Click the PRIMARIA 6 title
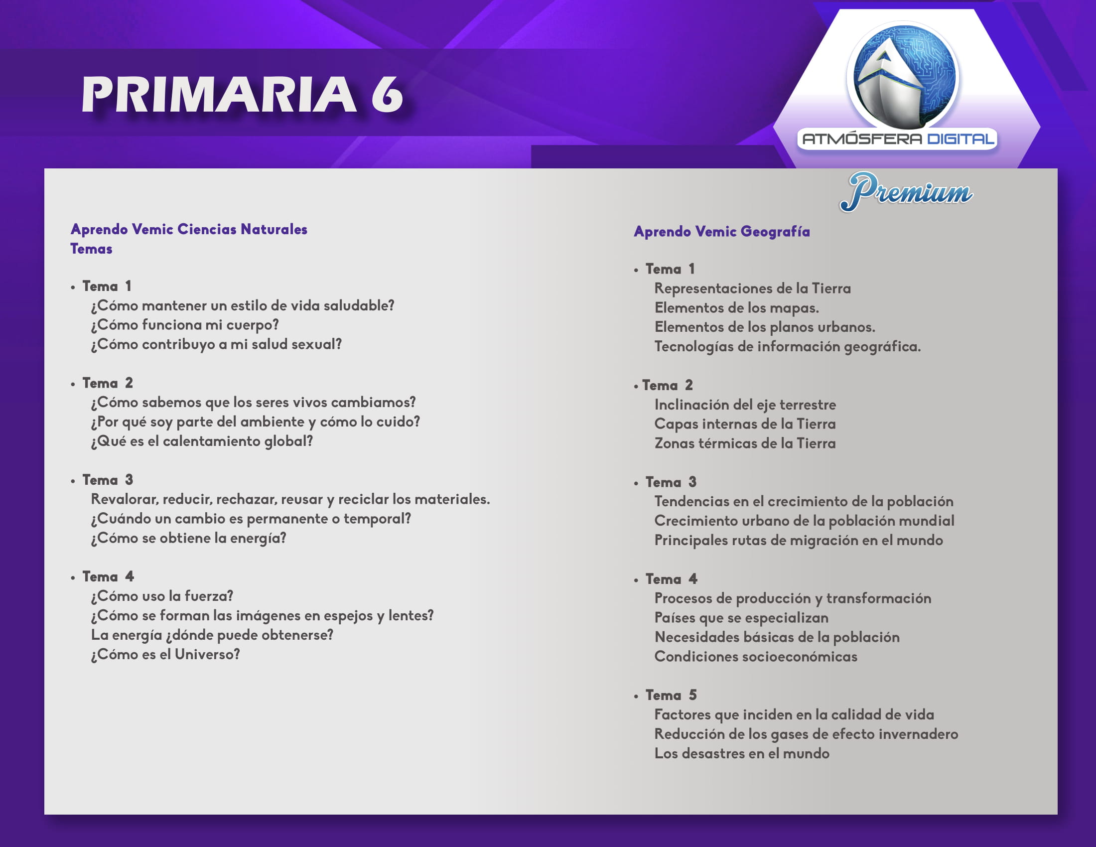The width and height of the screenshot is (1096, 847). (243, 94)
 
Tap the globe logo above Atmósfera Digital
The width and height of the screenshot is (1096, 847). (902, 76)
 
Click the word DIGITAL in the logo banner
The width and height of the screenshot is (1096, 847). (960, 139)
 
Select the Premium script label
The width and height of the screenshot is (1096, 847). (906, 191)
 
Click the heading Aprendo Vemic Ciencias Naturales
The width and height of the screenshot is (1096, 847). (189, 229)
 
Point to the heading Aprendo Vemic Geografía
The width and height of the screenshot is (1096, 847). (722, 232)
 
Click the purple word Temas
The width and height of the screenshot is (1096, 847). (91, 249)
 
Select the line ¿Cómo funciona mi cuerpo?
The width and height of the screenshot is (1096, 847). (185, 325)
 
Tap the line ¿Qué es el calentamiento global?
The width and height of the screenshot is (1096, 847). (202, 441)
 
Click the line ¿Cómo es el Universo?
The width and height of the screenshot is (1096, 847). (165, 655)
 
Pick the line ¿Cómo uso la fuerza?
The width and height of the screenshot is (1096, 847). (162, 596)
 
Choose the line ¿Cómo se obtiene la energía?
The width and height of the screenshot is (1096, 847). (189, 539)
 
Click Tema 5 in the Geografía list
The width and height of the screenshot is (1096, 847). (671, 696)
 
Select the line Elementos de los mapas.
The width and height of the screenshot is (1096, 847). (737, 308)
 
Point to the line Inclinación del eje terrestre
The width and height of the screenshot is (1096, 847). (745, 405)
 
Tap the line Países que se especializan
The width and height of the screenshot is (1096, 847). (741, 618)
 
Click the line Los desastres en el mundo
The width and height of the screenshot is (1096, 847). (742, 754)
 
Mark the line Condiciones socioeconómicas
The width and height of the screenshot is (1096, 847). (756, 657)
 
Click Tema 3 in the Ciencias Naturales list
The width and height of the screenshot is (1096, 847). (108, 480)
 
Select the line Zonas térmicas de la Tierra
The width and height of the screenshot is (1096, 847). (745, 443)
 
